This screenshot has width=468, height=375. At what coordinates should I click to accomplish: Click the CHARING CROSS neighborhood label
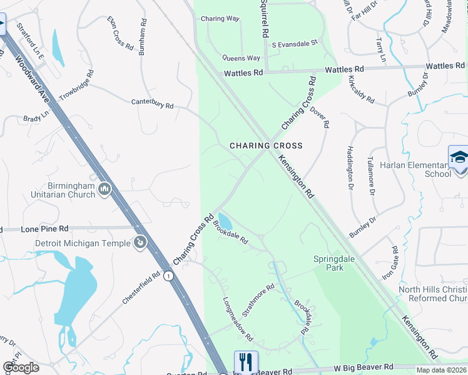click(266, 146)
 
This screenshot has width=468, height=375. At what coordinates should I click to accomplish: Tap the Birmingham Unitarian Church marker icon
click(105, 187)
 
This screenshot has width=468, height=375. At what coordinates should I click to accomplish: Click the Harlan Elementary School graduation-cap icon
click(459, 156)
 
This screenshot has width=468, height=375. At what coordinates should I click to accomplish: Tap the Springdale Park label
click(329, 263)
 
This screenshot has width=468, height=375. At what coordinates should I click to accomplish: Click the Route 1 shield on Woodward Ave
click(168, 275)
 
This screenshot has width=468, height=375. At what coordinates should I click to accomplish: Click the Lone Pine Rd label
click(44, 229)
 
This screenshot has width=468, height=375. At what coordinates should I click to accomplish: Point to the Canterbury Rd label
click(151, 104)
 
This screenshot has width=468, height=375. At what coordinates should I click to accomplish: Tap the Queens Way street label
click(242, 58)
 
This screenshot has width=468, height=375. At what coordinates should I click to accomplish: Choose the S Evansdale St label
click(295, 44)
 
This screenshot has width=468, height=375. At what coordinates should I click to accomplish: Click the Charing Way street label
click(220, 19)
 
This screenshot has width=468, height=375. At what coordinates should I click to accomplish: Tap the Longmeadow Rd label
click(238, 319)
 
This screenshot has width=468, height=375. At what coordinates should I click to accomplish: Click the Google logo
click(21, 367)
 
